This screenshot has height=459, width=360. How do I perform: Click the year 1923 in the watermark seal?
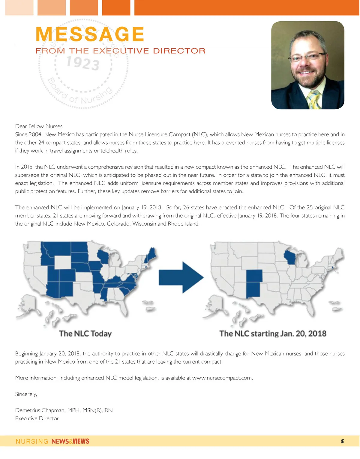tap(83, 63)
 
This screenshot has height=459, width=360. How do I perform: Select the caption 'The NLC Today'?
tap(85, 334)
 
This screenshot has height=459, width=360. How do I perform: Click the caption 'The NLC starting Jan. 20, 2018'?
tap(273, 334)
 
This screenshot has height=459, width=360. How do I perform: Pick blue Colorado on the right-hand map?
tap(254, 276)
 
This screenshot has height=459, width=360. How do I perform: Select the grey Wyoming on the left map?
tap(63, 262)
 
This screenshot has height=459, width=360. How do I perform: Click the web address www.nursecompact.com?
tap(222, 378)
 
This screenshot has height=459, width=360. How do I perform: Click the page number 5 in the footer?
tap(342, 441)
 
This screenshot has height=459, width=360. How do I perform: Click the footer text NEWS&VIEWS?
tap(70, 441)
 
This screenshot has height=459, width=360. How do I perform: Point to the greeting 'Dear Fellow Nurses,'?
tap(39, 126)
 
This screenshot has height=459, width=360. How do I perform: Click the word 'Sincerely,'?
tap(26, 394)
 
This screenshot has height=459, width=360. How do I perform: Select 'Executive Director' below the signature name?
tap(37, 418)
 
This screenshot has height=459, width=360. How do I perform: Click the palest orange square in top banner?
tap(19, 7)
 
